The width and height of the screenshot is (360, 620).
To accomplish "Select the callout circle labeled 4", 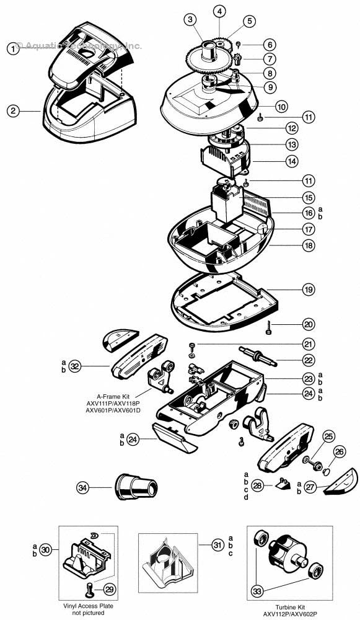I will pyautogui.click(x=219, y=11).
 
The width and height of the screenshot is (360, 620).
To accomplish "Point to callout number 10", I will pyautogui.click(x=281, y=106).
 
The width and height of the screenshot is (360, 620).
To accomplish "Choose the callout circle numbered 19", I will pyautogui.click(x=309, y=290).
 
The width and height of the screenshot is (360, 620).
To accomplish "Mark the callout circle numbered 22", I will pyautogui.click(x=309, y=360).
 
